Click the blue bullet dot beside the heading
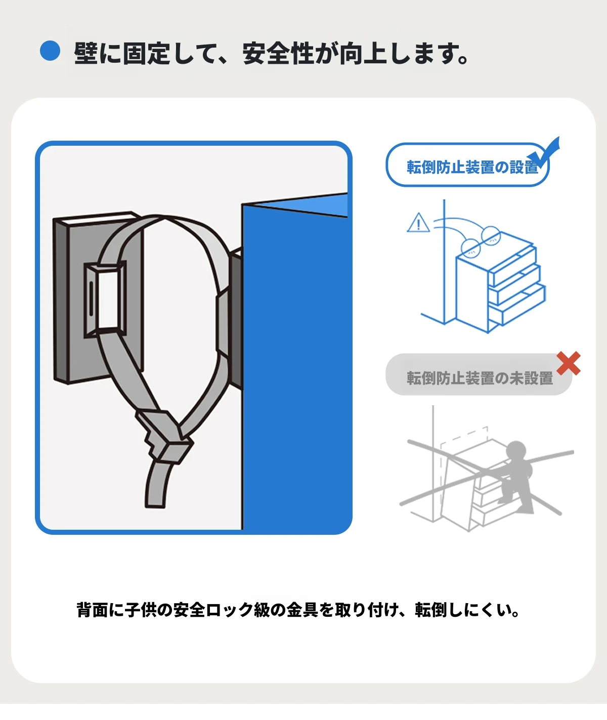pyautogui.click(x=50, y=51)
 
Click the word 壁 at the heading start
pyautogui.click(x=86, y=54)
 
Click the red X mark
pyautogui.click(x=569, y=363)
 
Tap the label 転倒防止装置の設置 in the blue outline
pyautogui.click(x=472, y=167)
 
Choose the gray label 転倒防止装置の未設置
pyautogui.click(x=480, y=378)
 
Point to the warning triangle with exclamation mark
pyautogui.click(x=418, y=223)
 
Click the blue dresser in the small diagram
pyautogui.click(x=500, y=283)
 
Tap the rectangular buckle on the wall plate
pyautogui.click(x=105, y=299)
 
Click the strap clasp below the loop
pyautogui.click(x=164, y=436)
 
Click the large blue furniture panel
pyautogui.click(x=295, y=362)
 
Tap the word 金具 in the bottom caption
pyautogui.click(x=302, y=610)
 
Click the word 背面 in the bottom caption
pyautogui.click(x=92, y=610)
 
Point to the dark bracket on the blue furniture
pyautogui.click(x=236, y=317)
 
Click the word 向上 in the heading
pyautogui.click(x=363, y=54)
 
